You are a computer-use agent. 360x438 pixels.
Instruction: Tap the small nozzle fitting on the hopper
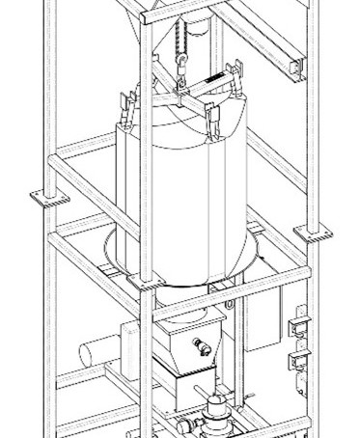[x=202, y=345]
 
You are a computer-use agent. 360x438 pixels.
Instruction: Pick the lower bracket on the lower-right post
[x=297, y=362]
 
